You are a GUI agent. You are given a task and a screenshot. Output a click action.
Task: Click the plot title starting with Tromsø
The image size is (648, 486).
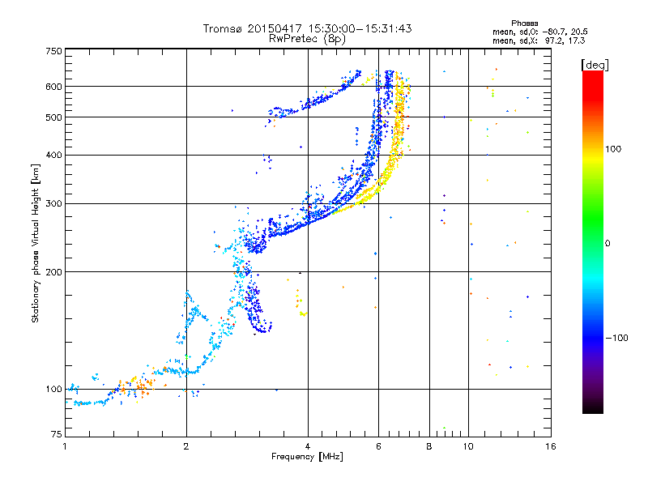pyautogui.click(x=308, y=28)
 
